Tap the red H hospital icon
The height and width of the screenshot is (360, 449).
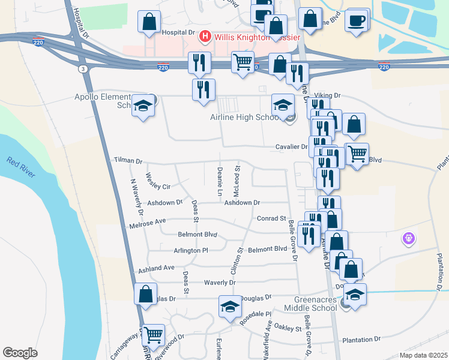tap(205, 37)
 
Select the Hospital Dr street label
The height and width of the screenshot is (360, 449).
tap(179, 32)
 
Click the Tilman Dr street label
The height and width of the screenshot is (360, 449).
tap(128, 161)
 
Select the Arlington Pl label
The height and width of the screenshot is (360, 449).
tap(190, 250)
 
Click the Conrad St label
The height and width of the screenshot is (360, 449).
tap(271, 219)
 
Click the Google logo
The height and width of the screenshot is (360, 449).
tap(20, 353)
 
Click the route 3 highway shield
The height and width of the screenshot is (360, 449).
tap(82, 70)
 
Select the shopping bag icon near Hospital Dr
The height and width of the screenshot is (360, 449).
tap(149, 22)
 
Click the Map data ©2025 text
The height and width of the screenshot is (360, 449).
tap(423, 355)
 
